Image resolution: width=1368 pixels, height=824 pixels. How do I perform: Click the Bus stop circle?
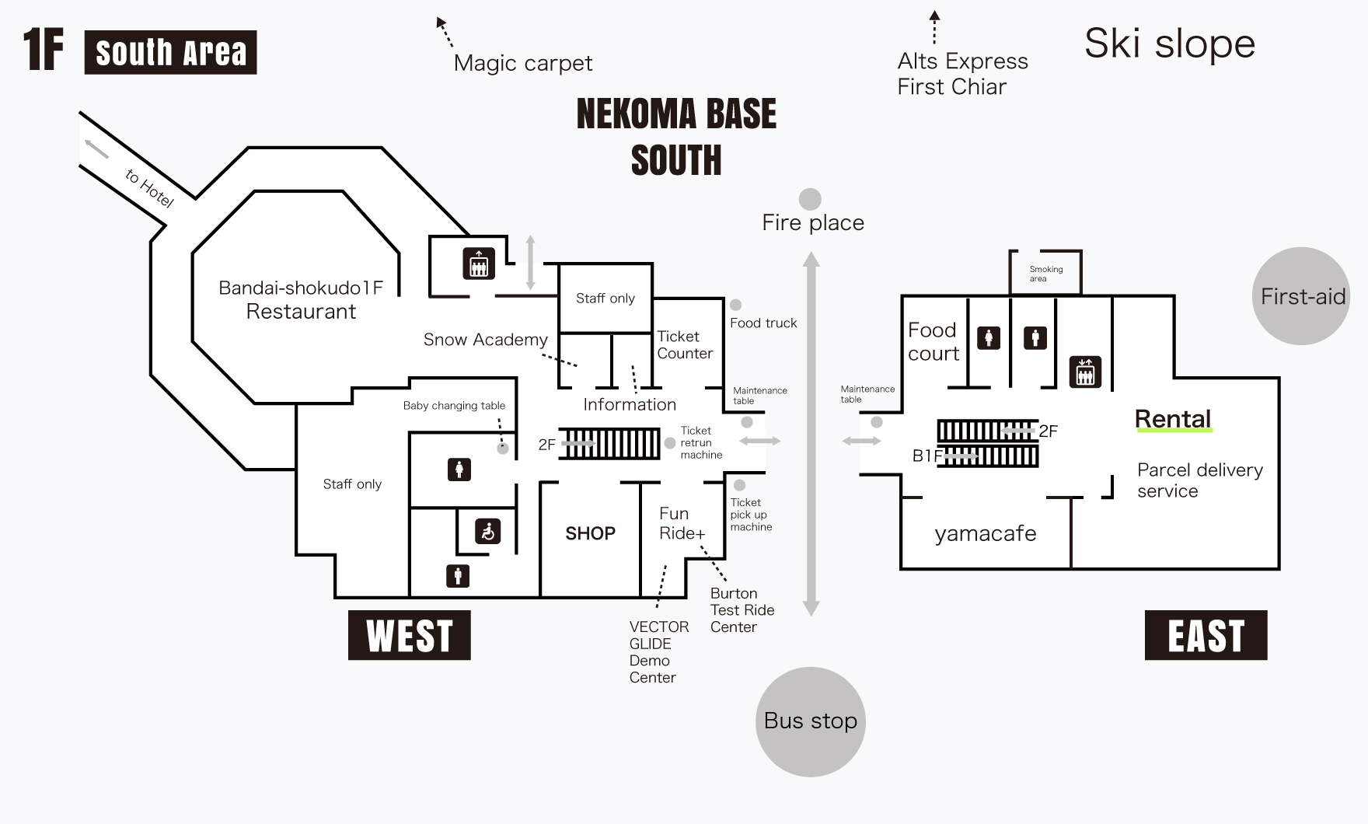(810, 721)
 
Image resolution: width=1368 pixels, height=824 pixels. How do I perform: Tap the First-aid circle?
(1301, 296)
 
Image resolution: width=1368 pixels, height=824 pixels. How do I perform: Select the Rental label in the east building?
(1173, 419)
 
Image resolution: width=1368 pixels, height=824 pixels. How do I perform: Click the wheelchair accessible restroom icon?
(488, 532)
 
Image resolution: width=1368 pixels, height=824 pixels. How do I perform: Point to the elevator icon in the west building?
(479, 264)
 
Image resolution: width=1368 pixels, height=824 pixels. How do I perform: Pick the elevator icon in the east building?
(1085, 372)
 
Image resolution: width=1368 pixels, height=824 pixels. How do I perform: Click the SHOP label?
(590, 533)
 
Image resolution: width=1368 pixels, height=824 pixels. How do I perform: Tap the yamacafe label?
(985, 533)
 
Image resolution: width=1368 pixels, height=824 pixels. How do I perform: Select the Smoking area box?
(1045, 273)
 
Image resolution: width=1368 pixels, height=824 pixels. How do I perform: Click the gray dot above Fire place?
(810, 199)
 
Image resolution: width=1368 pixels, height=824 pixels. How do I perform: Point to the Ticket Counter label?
(684, 345)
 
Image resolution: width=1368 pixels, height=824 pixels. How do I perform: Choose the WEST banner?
(410, 635)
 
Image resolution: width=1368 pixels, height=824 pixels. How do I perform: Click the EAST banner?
(1206, 635)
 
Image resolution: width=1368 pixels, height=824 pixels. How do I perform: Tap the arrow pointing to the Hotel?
(96, 148)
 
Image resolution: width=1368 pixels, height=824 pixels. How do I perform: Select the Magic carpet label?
(522, 63)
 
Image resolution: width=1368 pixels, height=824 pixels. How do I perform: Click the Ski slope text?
(1170, 44)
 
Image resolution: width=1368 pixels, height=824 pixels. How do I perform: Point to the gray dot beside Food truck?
(735, 306)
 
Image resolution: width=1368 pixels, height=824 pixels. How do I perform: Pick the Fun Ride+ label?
(682, 523)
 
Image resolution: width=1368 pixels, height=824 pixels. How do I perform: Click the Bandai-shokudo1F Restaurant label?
(301, 299)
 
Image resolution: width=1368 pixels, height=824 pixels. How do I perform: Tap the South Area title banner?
(170, 52)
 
